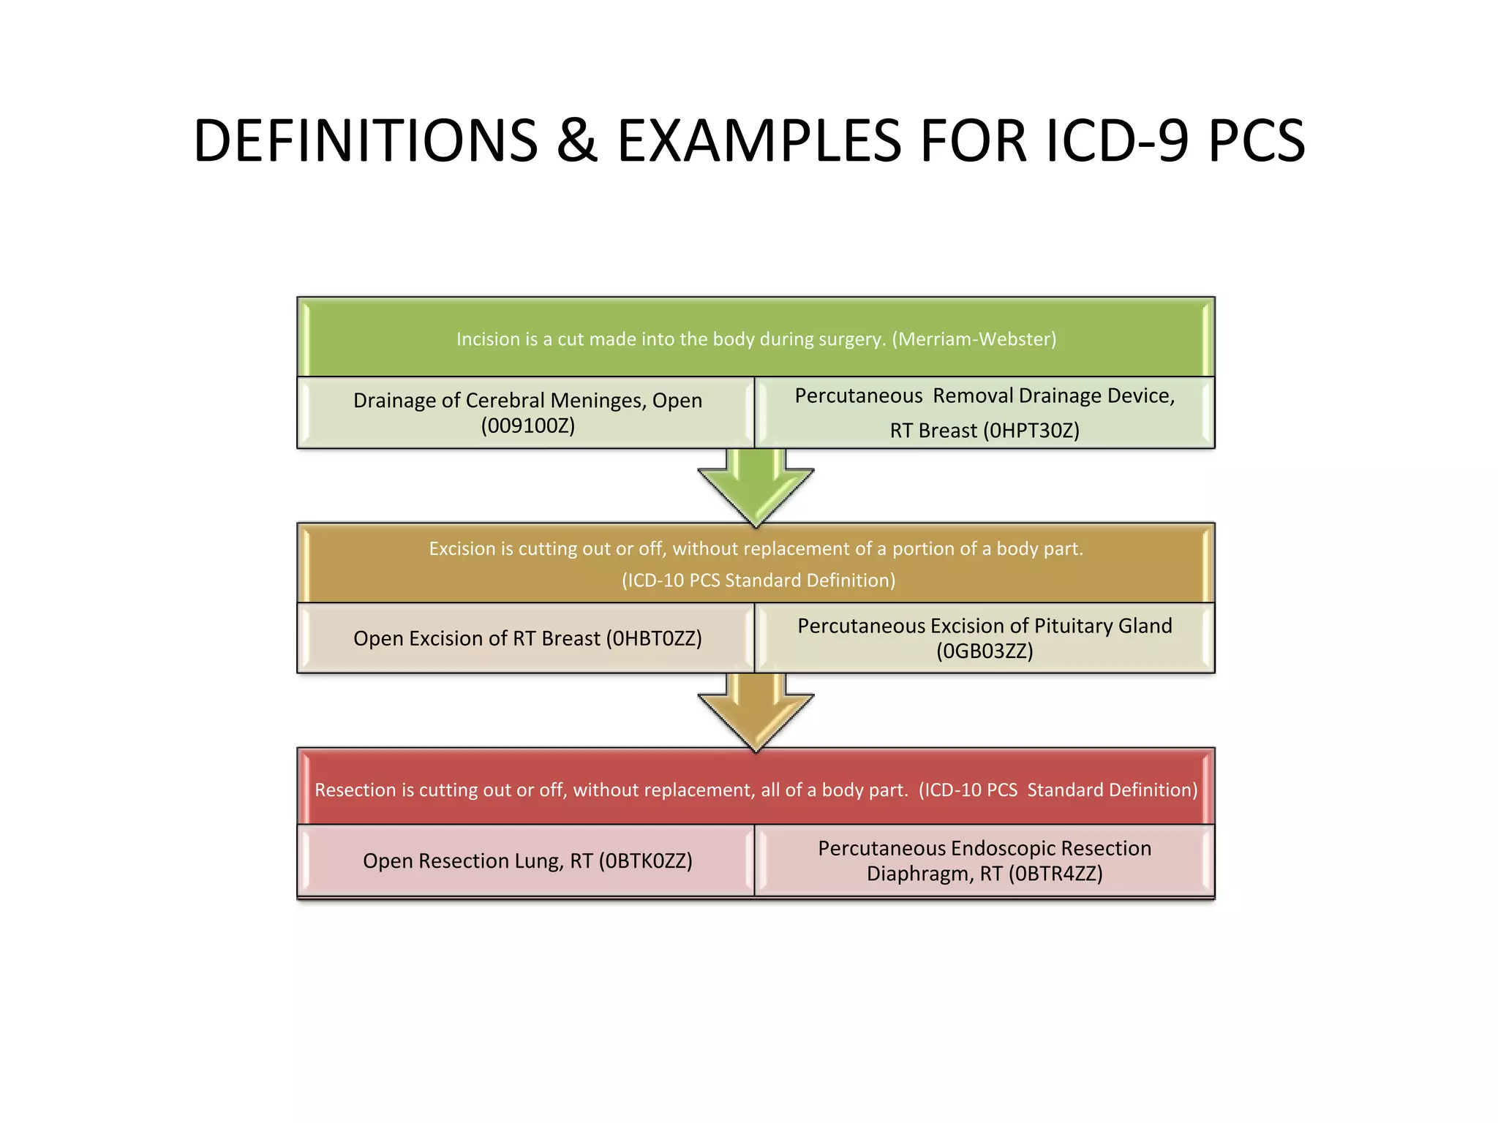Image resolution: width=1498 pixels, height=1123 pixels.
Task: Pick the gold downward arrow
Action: click(756, 710)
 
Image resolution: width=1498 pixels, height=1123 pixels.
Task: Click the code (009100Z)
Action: click(527, 426)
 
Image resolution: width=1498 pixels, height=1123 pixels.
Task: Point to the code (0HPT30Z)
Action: click(1031, 431)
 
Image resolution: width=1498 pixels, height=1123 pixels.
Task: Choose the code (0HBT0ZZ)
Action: click(654, 638)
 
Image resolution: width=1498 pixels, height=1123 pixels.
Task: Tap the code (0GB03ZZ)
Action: click(985, 651)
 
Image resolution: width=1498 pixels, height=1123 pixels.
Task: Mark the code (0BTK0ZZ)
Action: click(645, 861)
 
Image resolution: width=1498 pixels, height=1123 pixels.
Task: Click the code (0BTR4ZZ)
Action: click(1055, 874)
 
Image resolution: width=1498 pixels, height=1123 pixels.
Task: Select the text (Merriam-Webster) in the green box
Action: click(974, 339)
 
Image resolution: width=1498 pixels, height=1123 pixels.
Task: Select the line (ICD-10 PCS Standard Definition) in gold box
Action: click(759, 581)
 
